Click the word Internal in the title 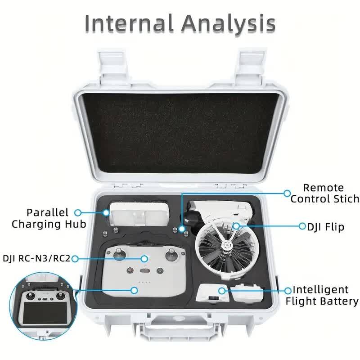tap(129, 23)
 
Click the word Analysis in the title tap(229, 24)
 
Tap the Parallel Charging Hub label tap(49, 218)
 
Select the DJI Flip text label tap(325, 227)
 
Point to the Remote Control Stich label tap(324, 193)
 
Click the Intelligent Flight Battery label tap(322, 295)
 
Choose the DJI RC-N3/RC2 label tap(36, 258)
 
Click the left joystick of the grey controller tap(119, 254)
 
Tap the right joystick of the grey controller tap(171, 254)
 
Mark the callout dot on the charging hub tap(106, 213)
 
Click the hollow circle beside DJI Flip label tap(302, 226)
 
